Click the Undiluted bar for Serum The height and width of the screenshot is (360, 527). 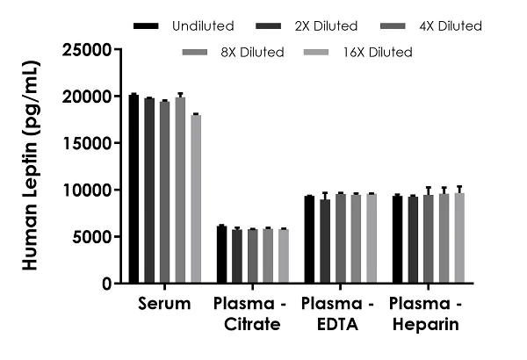[x=134, y=189]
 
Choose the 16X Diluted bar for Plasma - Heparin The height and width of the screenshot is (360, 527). [x=459, y=238]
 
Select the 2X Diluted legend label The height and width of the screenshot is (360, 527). [x=298, y=26]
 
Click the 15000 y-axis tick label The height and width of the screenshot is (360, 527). [x=90, y=143]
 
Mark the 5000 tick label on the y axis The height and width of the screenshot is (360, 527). [x=95, y=237]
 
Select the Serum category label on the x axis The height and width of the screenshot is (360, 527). [x=165, y=305]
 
